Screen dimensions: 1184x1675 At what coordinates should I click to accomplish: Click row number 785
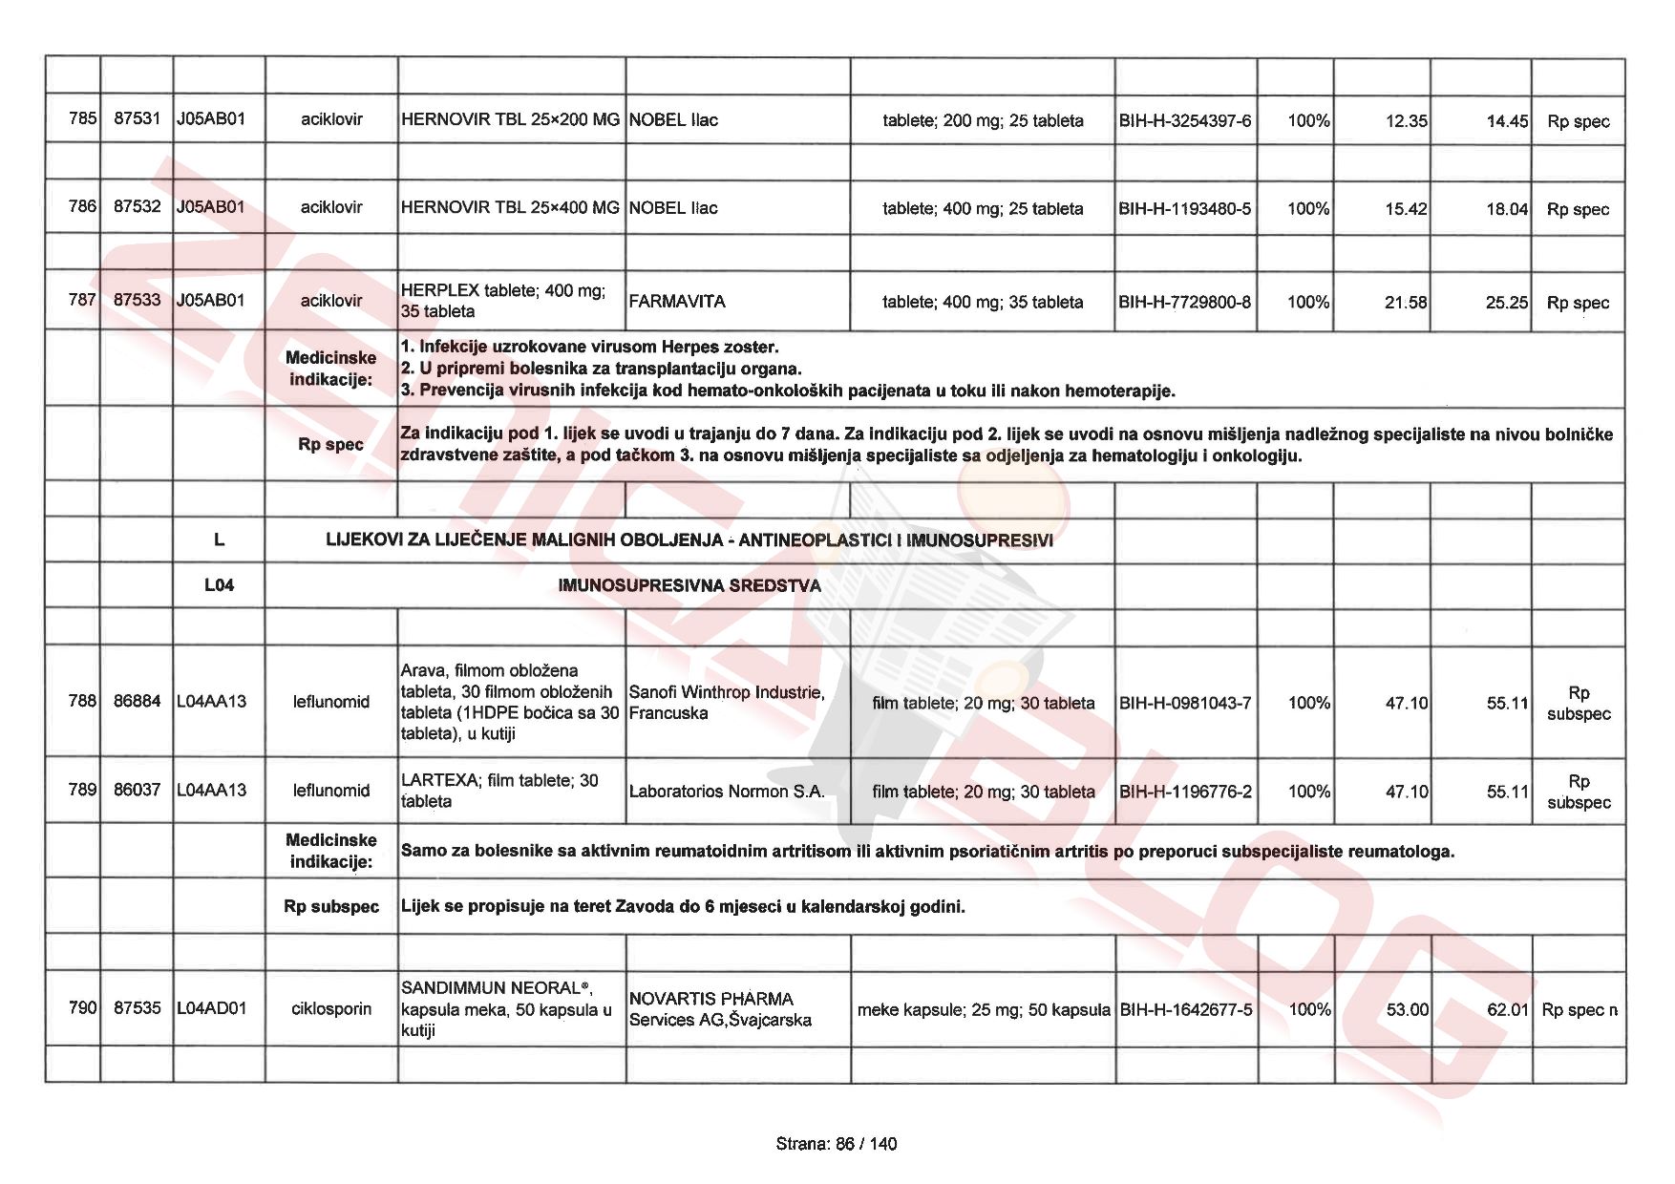coord(82,119)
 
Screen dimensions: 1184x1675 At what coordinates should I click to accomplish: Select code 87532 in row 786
coord(137,207)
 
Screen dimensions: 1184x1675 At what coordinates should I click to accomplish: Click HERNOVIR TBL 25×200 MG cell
coord(510,120)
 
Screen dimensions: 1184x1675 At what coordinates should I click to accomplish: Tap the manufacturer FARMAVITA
coord(677,302)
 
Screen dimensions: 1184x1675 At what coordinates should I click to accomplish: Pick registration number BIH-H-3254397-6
coord(1184,121)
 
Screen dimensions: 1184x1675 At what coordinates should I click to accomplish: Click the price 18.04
coord(1506,209)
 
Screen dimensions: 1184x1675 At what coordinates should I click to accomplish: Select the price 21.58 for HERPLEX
coord(1405,303)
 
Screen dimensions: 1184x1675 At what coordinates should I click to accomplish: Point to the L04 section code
coord(219,585)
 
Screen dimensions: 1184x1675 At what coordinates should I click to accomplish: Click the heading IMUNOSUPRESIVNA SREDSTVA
coord(689,585)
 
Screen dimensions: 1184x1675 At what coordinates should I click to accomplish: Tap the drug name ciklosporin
coord(330,1009)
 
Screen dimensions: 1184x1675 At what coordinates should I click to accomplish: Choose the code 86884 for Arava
coord(137,702)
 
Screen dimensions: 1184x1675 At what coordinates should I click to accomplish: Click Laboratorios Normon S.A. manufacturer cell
coord(726,792)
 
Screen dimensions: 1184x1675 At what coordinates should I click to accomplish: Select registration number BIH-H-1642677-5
coord(1185,1010)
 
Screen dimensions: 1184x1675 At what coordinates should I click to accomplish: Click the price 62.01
coord(1507,1010)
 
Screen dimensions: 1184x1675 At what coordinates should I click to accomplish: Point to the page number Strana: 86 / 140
coord(837,1144)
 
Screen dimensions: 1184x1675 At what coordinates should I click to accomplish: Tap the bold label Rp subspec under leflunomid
coord(330,907)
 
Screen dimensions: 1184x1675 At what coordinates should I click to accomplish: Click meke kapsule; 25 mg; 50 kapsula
coord(983,1010)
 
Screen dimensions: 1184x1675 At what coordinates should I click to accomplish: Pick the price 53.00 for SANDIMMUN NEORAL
coord(1407,1010)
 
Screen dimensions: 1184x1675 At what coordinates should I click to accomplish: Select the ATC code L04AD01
coord(211,1009)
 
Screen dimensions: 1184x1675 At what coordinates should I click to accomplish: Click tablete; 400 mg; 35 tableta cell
coord(982,303)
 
